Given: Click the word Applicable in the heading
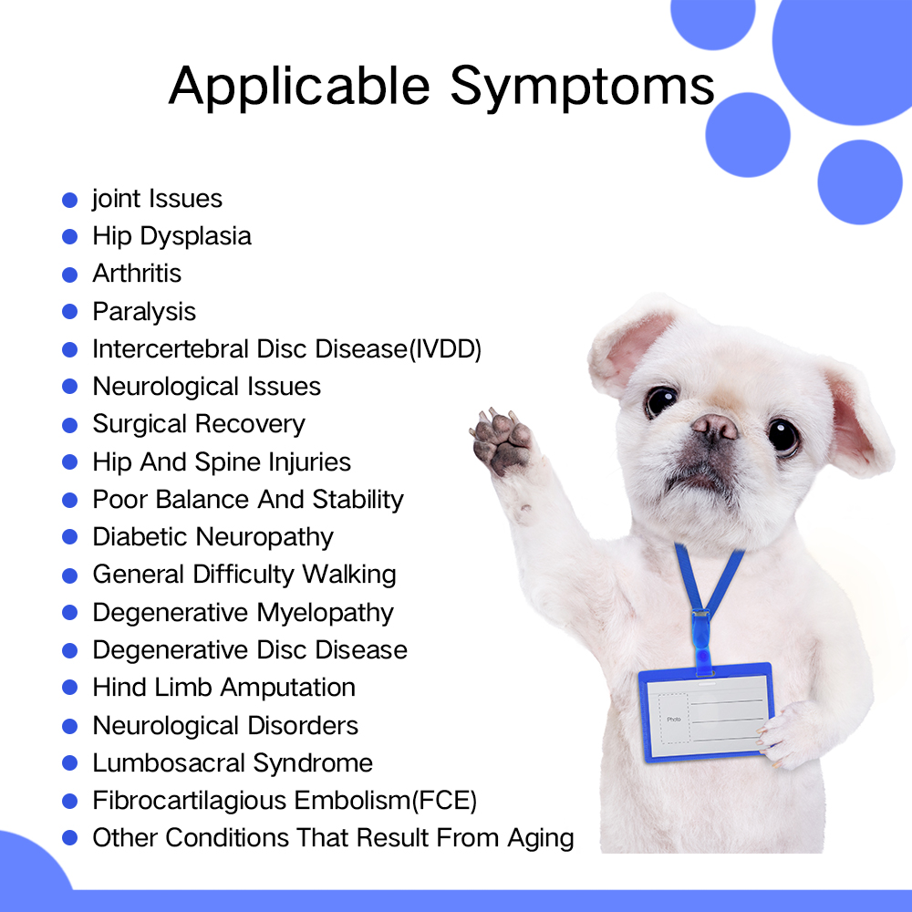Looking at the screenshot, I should [x=299, y=87].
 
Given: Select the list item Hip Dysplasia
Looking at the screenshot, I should [x=171, y=236].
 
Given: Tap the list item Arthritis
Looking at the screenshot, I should [x=137, y=274].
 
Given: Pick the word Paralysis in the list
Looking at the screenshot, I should [x=144, y=312].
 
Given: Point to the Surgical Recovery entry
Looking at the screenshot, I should [x=199, y=424].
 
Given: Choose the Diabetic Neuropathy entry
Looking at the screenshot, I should [x=212, y=537].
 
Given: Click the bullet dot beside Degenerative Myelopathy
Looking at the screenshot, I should [x=70, y=613].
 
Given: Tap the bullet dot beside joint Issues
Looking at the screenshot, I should [x=70, y=199].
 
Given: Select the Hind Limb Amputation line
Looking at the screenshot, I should [x=223, y=688].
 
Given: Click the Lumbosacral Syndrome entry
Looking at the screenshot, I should [x=233, y=762].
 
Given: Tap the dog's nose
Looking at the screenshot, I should [x=714, y=426].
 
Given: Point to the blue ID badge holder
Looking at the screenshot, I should [x=705, y=710].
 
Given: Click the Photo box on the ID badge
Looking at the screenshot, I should [x=673, y=719].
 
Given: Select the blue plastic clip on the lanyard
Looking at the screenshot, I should [x=704, y=643].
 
